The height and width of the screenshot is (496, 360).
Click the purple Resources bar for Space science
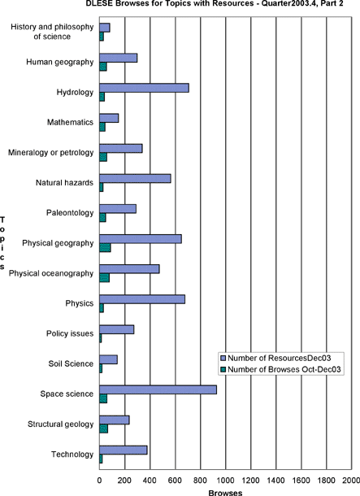pos(158,389)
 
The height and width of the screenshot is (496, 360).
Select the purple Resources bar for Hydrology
pos(144,88)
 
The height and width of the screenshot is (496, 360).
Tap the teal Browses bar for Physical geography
pos(105,248)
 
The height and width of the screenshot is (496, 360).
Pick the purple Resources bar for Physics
pos(142,299)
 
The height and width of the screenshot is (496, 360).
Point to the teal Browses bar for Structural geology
pos(104,429)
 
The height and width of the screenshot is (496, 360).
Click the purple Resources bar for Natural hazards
pos(135,178)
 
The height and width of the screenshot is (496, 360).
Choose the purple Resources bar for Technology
pos(124,450)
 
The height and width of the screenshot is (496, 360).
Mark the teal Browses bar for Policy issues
pos(101,338)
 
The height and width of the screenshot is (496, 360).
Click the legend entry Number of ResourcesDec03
pos(276,358)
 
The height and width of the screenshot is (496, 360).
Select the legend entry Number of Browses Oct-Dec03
pos(281,369)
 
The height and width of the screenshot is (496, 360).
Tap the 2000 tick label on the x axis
pos(351,481)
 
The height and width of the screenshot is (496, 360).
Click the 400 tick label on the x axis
pos(150,481)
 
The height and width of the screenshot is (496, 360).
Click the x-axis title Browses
pos(225,493)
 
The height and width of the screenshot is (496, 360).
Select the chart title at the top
pos(215,3)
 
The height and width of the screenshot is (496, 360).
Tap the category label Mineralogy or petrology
pos(51,153)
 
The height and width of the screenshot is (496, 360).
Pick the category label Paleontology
pos(70,212)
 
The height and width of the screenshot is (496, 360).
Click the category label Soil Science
pos(71,363)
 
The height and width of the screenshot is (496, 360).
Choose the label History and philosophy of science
pos(52,32)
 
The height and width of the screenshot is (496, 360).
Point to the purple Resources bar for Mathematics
pos(109,118)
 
